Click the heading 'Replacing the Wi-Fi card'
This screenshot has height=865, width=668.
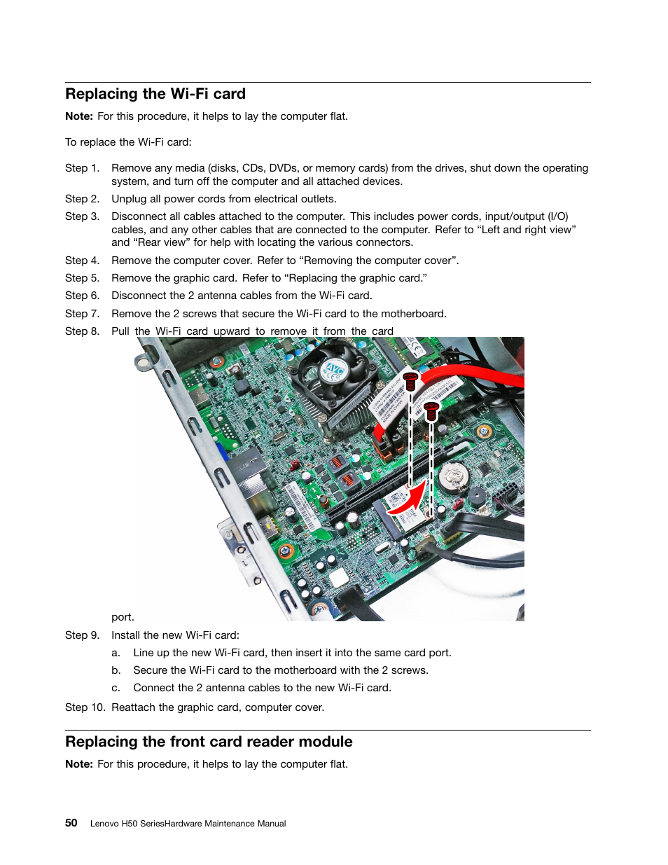[x=155, y=94]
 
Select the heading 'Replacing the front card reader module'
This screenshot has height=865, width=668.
[x=209, y=742]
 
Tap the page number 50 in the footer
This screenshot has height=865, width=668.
[x=71, y=823]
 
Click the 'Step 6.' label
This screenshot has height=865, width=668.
[x=82, y=296]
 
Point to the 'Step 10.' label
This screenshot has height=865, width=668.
[x=85, y=707]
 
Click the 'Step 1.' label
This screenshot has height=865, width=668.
[x=82, y=168]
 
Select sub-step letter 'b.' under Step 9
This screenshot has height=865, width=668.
[x=116, y=670]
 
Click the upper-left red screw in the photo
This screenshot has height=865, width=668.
[x=410, y=381]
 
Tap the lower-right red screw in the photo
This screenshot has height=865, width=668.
[x=431, y=410]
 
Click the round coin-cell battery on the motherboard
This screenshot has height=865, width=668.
[x=454, y=478]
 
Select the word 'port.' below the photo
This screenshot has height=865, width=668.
[x=123, y=617]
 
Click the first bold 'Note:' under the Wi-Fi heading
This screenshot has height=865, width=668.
[x=79, y=116]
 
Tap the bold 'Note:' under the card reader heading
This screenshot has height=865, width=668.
[x=79, y=764]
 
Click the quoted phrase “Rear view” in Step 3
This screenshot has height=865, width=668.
[x=162, y=242]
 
